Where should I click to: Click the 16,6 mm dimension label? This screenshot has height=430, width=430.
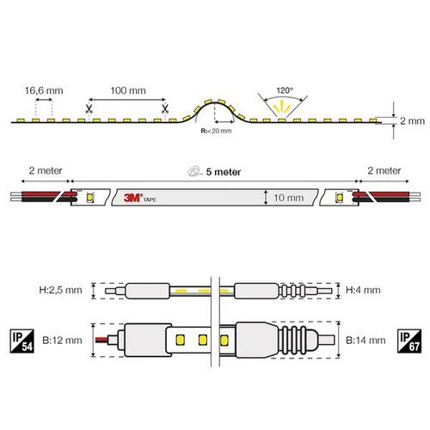click(44, 90)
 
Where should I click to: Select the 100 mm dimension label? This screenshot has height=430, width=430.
click(128, 90)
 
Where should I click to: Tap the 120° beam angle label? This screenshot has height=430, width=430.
click(285, 90)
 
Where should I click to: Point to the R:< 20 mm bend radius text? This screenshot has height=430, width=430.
click(216, 131)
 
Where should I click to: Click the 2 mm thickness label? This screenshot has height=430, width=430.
click(412, 121)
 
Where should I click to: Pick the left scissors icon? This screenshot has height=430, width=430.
click(89, 109)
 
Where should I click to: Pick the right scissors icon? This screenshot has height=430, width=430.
click(165, 109)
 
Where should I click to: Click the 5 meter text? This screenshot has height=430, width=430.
click(224, 172)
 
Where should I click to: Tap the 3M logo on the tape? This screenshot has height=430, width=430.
click(132, 198)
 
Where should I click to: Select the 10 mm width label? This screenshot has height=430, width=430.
click(289, 198)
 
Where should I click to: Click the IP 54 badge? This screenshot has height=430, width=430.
click(22, 341)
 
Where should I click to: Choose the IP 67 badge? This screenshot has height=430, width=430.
click(409, 341)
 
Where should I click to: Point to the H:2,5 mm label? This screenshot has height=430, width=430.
click(60, 290)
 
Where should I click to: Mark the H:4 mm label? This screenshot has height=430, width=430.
click(363, 290)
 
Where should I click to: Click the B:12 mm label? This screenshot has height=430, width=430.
click(62, 341)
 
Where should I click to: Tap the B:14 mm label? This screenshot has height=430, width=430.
click(365, 341)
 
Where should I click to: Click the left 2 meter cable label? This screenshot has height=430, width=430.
click(46, 170)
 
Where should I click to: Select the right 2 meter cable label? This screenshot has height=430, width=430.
click(384, 170)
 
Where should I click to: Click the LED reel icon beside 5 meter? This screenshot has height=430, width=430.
click(195, 171)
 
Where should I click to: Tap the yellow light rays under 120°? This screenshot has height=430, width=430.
click(282, 107)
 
